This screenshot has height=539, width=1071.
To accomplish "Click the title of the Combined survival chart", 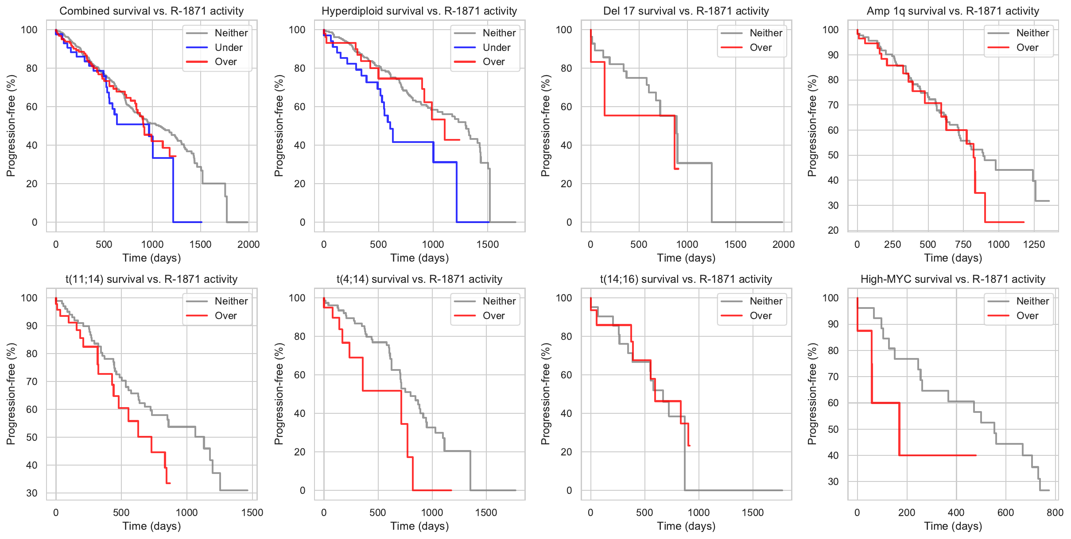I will pyautogui.click(x=151, y=11).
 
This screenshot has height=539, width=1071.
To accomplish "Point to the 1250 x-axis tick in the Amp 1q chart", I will pyautogui.click(x=1034, y=244).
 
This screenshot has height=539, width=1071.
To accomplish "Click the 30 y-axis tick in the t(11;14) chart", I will pyautogui.click(x=31, y=493).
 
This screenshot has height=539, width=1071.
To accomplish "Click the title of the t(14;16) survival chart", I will pyautogui.click(x=686, y=279).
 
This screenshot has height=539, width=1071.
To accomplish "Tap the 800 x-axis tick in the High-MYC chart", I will pyautogui.click(x=1055, y=512).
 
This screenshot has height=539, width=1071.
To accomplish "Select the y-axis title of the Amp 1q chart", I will pyautogui.click(x=812, y=126).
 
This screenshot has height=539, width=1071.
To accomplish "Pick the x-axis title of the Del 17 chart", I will pyautogui.click(x=686, y=258).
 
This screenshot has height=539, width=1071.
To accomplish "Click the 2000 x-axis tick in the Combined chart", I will pyautogui.click(x=248, y=244).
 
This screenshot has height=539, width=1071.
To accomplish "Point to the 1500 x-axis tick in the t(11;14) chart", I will pyautogui.click(x=252, y=512).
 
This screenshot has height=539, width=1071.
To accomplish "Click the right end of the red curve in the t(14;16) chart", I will pyautogui.click(x=690, y=445).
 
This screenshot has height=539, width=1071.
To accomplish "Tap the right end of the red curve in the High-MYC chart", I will pyautogui.click(x=976, y=455).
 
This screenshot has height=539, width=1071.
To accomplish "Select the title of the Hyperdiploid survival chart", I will pyautogui.click(x=419, y=11).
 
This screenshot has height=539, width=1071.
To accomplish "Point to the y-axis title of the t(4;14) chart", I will pyautogui.click(x=279, y=394).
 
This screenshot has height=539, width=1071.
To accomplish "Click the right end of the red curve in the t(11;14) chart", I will pyautogui.click(x=170, y=483).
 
